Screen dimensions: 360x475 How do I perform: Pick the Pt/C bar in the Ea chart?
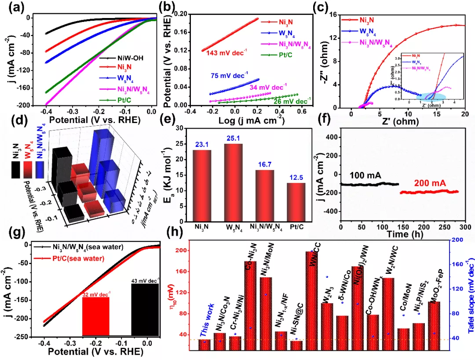coord(295,202)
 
